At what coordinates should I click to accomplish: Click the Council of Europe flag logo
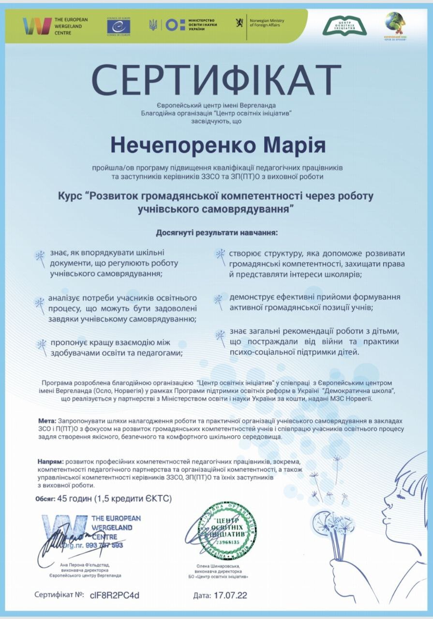click(119, 26)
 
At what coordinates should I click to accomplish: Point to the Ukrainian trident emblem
click(153, 25)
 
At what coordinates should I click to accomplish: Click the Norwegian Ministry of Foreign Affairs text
click(266, 23)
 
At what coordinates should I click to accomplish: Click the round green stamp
click(227, 531)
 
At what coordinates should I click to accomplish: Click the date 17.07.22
click(230, 595)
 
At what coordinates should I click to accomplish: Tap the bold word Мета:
click(46, 421)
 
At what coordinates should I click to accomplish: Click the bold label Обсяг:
click(45, 498)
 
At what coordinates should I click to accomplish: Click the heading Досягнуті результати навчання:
click(217, 232)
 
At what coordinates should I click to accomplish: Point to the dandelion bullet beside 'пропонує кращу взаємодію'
click(42, 344)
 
